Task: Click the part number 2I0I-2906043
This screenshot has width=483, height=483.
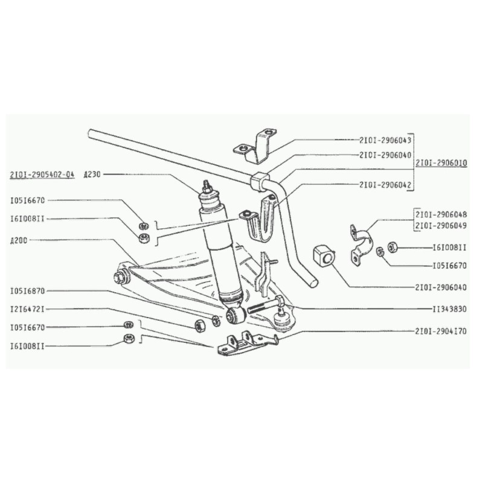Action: [x=385, y=139]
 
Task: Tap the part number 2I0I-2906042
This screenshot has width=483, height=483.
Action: [x=385, y=185]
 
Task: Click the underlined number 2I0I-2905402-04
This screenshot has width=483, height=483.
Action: [x=42, y=174]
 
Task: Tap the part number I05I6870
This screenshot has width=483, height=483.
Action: [x=36, y=290]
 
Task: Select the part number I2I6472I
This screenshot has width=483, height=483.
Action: [x=36, y=309]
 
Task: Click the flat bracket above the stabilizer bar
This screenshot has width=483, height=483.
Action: [x=256, y=144]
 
